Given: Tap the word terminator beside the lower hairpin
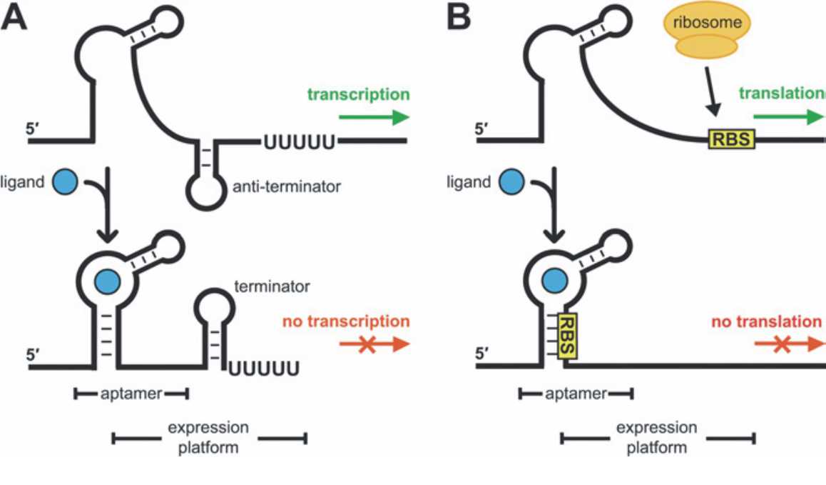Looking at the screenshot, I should pyautogui.click(x=272, y=287).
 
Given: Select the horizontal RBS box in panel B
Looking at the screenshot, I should pyautogui.click(x=730, y=139).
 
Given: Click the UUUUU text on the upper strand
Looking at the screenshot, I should pyautogui.click(x=300, y=141).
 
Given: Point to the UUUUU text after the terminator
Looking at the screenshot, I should pyautogui.click(x=263, y=369).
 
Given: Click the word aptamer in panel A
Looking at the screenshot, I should pyautogui.click(x=131, y=393).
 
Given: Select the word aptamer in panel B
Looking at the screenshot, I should pyautogui.click(x=576, y=393).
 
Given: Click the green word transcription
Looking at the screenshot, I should pyautogui.click(x=359, y=94).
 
